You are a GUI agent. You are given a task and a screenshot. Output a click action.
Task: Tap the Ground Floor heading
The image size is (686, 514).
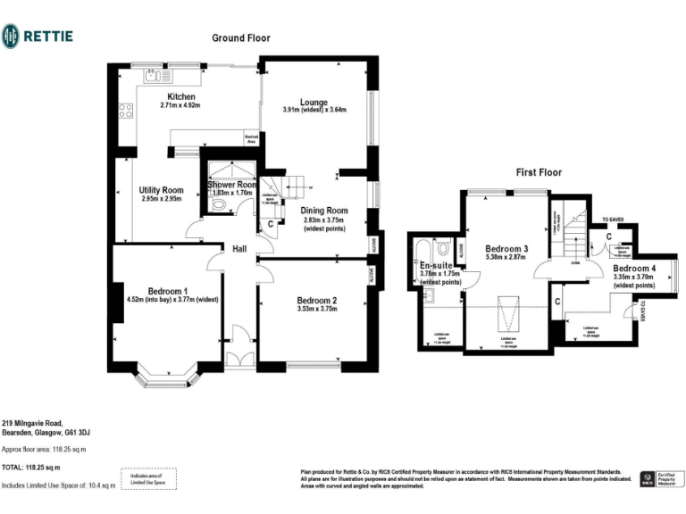tap(240, 38)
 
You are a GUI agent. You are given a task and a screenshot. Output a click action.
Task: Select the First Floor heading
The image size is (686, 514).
tap(539, 172)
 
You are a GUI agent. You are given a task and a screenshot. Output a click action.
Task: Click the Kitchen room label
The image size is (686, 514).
tap(181, 96)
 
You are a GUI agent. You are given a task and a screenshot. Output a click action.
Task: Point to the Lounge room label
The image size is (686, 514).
tap(314, 102)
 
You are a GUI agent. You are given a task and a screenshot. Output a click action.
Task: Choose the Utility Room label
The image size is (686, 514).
tap(161, 190)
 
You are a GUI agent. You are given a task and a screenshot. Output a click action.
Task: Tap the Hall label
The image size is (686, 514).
tap(239, 249)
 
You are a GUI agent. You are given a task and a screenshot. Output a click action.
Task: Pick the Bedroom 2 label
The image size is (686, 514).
tap(316, 300)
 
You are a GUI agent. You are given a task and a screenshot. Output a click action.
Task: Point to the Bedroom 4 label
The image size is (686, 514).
tap(634, 268)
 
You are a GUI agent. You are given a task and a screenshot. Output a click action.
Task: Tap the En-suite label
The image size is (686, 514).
tap(437, 265)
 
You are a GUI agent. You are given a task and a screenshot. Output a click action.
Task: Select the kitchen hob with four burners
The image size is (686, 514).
tap(124, 112)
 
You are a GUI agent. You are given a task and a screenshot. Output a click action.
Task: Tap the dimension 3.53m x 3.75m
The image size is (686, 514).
tap(316, 310)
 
